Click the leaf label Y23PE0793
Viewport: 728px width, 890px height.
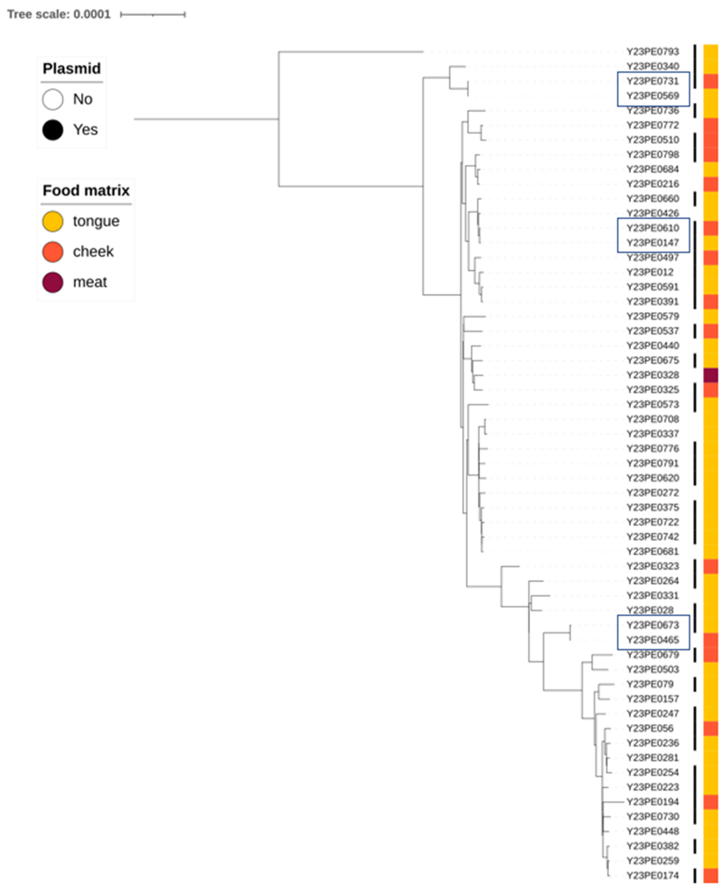(653, 52)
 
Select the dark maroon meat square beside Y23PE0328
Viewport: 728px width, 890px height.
(710, 375)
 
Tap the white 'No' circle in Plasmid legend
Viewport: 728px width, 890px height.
(53, 100)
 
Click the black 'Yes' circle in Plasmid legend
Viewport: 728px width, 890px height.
(53, 130)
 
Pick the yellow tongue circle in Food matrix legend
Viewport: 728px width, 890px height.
(53, 221)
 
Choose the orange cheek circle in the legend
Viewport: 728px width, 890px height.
(53, 252)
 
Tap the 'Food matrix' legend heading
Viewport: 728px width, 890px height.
(86, 190)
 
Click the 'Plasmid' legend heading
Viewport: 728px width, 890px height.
(72, 68)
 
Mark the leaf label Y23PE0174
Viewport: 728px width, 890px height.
(653, 875)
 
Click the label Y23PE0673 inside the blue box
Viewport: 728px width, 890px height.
(653, 625)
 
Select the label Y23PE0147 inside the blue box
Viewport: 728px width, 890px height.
(653, 243)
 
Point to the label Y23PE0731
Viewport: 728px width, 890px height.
(653, 81)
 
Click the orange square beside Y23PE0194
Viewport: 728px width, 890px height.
(710, 802)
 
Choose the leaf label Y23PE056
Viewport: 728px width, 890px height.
(650, 728)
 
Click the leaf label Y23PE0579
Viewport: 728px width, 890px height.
(653, 316)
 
